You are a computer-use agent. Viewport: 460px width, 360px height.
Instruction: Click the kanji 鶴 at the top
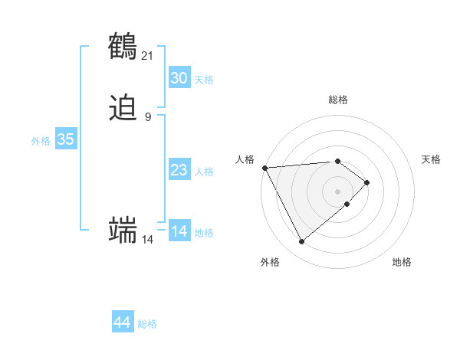(123, 46)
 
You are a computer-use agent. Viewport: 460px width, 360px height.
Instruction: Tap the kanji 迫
(123, 107)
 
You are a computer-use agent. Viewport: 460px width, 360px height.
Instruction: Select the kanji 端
(123, 231)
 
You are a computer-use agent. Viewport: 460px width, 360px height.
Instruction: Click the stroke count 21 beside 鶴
(148, 55)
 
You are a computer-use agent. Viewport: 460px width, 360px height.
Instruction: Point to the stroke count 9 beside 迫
(148, 116)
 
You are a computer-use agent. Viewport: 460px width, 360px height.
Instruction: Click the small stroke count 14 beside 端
(148, 240)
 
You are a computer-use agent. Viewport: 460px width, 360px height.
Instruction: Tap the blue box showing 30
(179, 78)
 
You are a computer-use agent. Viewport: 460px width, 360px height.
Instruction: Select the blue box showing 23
(179, 170)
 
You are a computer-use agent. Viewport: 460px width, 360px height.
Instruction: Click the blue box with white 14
(179, 231)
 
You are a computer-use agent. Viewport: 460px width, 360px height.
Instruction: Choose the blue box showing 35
(66, 139)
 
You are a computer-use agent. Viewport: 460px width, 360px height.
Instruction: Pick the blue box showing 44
(123, 322)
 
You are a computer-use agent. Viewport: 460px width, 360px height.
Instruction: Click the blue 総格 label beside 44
(147, 324)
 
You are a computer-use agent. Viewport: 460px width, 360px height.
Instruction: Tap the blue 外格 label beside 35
(41, 141)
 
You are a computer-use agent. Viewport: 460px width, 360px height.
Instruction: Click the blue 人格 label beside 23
(205, 172)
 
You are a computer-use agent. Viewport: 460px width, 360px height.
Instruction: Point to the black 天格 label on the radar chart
(431, 159)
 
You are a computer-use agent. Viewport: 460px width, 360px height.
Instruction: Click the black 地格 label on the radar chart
(402, 262)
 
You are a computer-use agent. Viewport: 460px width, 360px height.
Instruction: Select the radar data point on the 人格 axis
(264, 168)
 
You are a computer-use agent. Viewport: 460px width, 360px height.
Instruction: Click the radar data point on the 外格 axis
(301, 242)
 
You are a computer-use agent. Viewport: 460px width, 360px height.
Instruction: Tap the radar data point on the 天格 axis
(367, 182)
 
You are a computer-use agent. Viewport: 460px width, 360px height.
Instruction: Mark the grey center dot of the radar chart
(337, 191)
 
